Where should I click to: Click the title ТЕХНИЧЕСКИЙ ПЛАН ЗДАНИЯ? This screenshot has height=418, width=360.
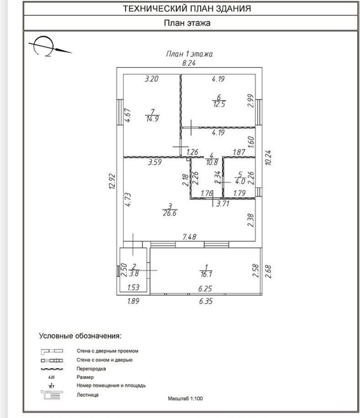click(187, 9)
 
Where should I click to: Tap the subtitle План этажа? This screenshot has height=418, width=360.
click(187, 23)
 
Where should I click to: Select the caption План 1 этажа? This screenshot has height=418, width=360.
click(189, 54)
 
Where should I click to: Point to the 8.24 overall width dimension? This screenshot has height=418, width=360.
click(189, 63)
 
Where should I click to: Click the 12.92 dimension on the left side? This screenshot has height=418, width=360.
click(112, 183)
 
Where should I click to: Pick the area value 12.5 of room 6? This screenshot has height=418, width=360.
click(219, 104)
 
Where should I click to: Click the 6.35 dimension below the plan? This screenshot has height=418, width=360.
click(206, 301)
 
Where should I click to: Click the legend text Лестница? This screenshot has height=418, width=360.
click(88, 395)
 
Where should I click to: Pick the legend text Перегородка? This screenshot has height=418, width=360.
click(91, 369)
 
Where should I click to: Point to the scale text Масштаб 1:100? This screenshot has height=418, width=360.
click(185, 398)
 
